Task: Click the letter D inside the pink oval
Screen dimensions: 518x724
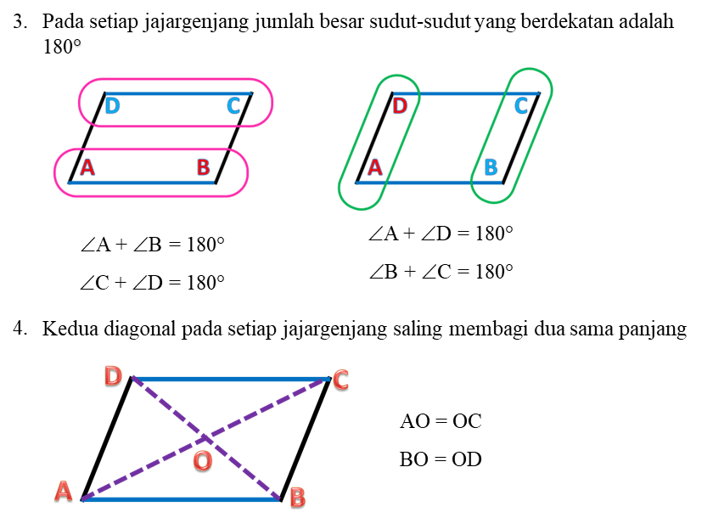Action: tap(112, 107)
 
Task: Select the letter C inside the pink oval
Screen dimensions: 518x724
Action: tap(233, 107)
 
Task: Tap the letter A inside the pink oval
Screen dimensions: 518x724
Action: tap(87, 167)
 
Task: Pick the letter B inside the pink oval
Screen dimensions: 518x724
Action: tap(203, 167)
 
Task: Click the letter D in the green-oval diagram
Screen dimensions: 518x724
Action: tap(400, 106)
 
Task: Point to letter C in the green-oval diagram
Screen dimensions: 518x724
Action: tap(521, 106)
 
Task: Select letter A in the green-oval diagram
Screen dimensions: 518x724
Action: tap(374, 167)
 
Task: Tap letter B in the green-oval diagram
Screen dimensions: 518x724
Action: tap(491, 167)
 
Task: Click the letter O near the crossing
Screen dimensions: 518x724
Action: tap(202, 461)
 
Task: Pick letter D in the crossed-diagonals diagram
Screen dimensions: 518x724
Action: tap(113, 375)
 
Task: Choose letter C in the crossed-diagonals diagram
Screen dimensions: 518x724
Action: tap(340, 380)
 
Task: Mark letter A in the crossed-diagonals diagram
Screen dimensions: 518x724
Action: tap(63, 491)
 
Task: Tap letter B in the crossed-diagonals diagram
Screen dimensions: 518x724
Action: tap(297, 497)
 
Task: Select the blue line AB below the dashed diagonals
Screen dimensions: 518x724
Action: tap(180, 499)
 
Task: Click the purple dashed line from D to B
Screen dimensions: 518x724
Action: tap(246, 471)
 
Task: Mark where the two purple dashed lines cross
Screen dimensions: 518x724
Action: tap(205, 437)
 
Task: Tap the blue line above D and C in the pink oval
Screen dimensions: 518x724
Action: tap(178, 93)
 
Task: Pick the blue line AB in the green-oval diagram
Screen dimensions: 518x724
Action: tap(429, 182)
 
